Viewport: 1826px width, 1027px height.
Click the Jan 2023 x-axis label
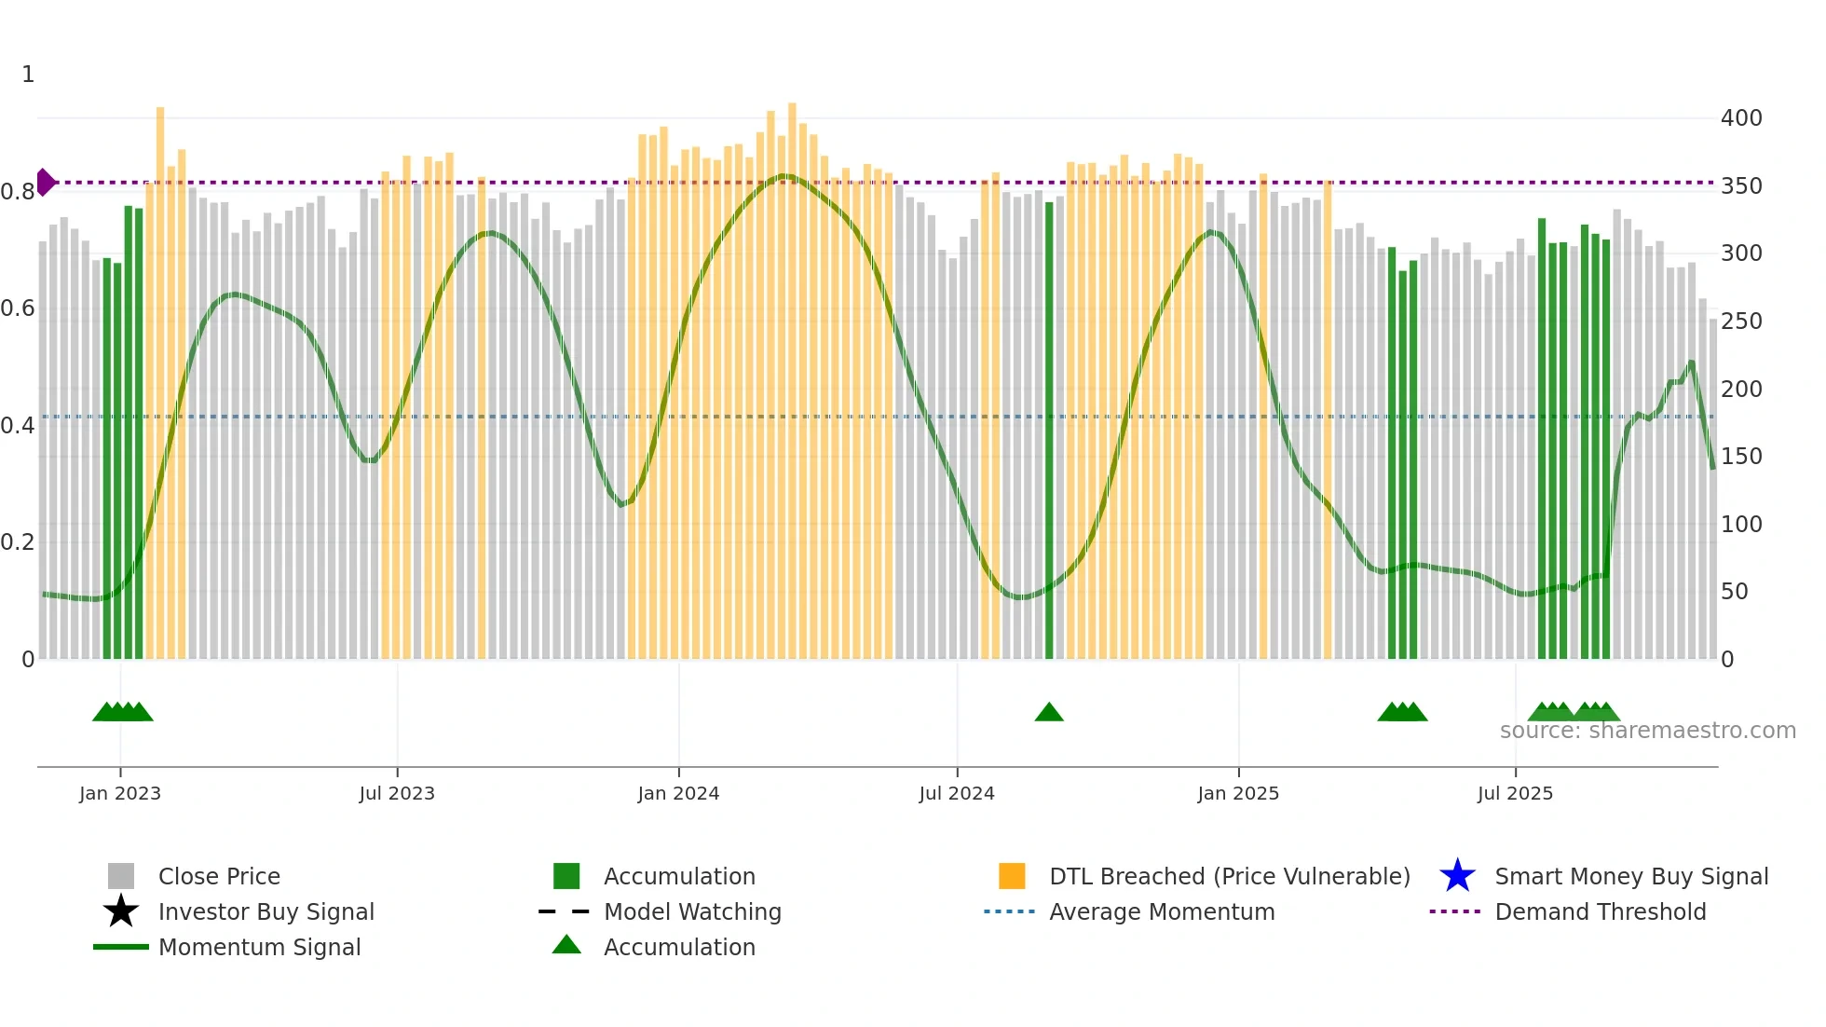coord(120,793)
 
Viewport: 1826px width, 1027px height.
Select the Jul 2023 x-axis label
coord(397,793)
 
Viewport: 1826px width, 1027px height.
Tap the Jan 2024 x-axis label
coord(678,793)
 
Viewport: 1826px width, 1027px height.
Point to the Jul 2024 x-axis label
coord(957,793)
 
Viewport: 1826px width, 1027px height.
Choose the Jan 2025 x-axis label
coord(1238,793)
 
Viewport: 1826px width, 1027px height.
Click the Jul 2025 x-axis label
coord(1515,793)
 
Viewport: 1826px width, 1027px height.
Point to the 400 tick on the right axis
coord(1741,118)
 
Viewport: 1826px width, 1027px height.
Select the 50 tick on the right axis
coord(1735,592)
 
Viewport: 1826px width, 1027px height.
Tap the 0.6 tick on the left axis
coord(18,308)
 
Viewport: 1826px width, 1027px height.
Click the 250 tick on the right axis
coord(1741,322)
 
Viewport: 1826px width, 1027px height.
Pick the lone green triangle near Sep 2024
coord(1049,713)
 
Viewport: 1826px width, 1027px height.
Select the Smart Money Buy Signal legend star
coord(1457,876)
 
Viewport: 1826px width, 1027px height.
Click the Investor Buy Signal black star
coord(121,911)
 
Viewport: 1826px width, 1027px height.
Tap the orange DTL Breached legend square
coord(1012,876)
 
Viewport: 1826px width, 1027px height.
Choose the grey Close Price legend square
coord(121,876)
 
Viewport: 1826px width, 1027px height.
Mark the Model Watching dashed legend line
coord(565,911)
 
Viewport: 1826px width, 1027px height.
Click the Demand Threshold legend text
coord(1601,911)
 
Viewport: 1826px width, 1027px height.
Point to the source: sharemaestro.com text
coord(1648,731)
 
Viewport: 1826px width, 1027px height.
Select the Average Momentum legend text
coord(1162,911)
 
